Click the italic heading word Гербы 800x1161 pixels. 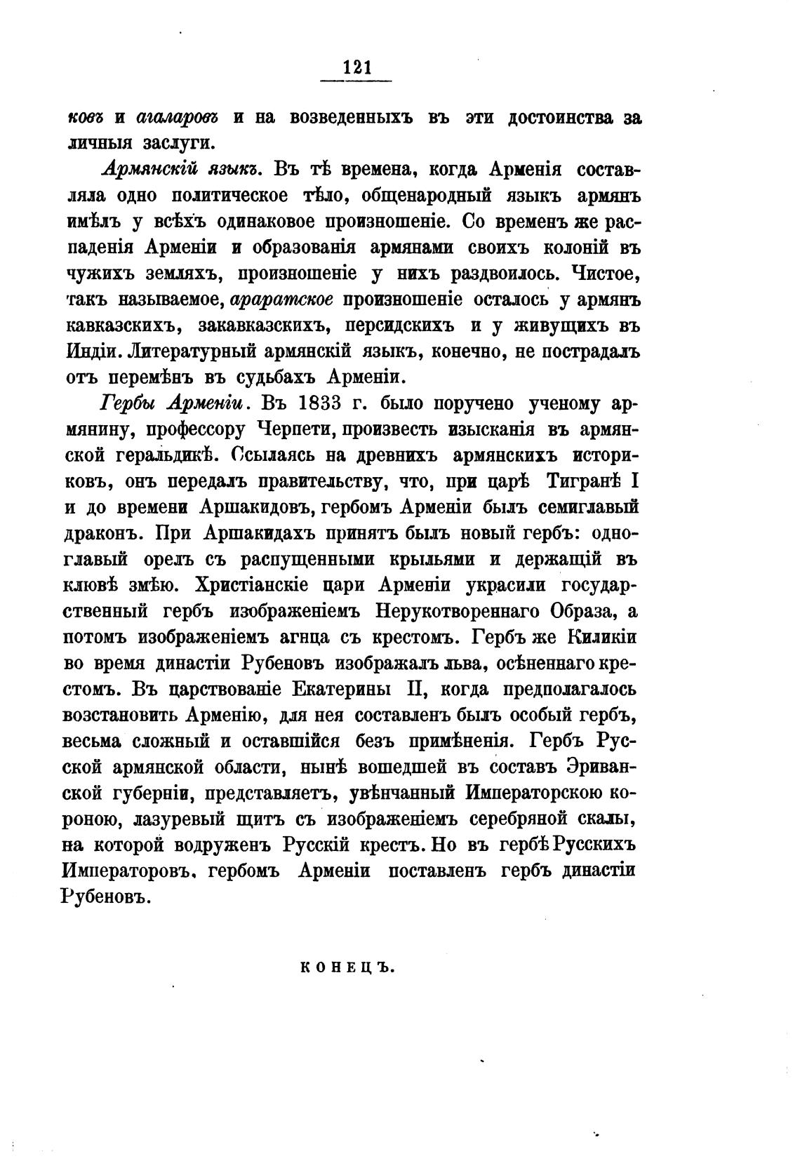coord(129,405)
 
